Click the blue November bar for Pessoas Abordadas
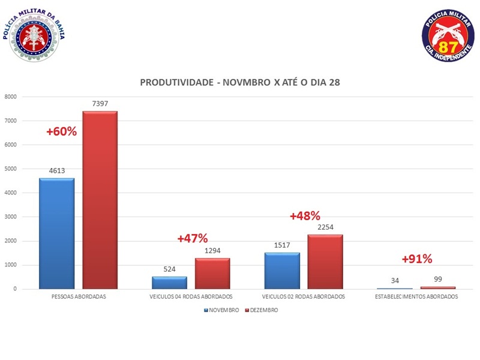tap(56, 233)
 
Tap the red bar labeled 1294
tap(212, 274)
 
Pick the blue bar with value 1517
tap(282, 271)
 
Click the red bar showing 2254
tap(325, 262)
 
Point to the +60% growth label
tap(61, 131)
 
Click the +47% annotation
tap(192, 238)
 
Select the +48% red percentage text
tap(305, 216)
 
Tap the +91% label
tap(417, 259)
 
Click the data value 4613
tap(56, 171)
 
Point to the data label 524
tap(169, 269)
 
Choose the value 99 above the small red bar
tap(438, 280)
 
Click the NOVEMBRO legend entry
tap(222, 310)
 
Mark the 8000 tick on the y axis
tap(10, 97)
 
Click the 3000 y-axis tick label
tap(10, 217)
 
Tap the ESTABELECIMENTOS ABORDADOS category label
tap(417, 297)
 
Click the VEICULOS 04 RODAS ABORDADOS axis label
tap(191, 297)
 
